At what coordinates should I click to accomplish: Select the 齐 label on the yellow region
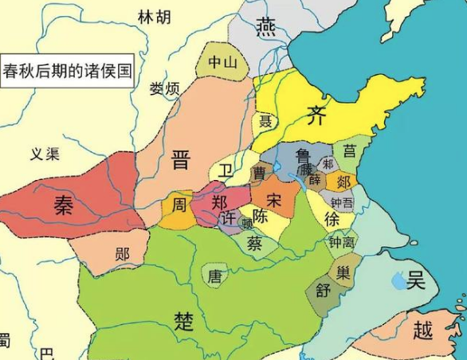pos(315,115)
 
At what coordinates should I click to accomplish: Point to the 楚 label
pos(184,320)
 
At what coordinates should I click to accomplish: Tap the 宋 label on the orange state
pos(273,197)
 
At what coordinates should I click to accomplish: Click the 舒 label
pos(324,291)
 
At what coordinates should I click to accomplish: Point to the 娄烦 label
pos(165,88)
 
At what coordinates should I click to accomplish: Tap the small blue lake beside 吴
pos(398,280)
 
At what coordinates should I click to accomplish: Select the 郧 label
pos(122,254)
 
